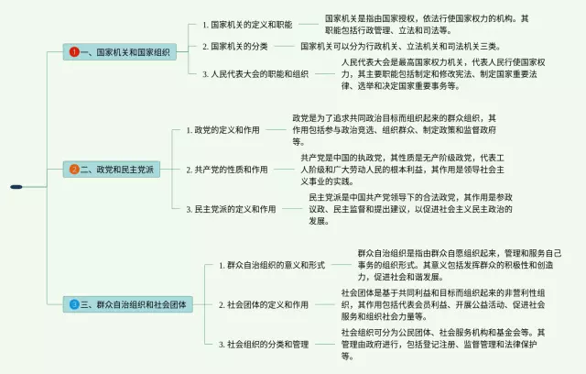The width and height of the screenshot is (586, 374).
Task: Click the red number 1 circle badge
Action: click(x=74, y=53)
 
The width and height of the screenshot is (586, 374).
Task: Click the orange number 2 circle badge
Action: click(x=74, y=169)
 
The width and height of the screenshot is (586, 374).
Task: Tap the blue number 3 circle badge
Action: click(x=74, y=303)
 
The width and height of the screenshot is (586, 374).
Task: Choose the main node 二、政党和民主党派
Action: click(x=121, y=169)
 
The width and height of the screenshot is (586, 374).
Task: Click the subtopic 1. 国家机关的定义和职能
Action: click(x=246, y=24)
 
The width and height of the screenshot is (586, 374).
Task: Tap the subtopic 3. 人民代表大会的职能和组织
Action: click(x=255, y=73)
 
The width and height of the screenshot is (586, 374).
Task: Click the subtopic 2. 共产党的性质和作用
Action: click(x=229, y=170)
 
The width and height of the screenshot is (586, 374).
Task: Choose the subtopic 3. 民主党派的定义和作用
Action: click(x=233, y=209)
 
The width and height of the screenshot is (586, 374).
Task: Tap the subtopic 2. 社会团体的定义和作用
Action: click(x=266, y=303)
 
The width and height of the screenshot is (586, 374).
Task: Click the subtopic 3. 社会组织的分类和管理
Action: click(x=266, y=344)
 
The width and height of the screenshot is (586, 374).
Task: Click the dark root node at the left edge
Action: click(x=16, y=186)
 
